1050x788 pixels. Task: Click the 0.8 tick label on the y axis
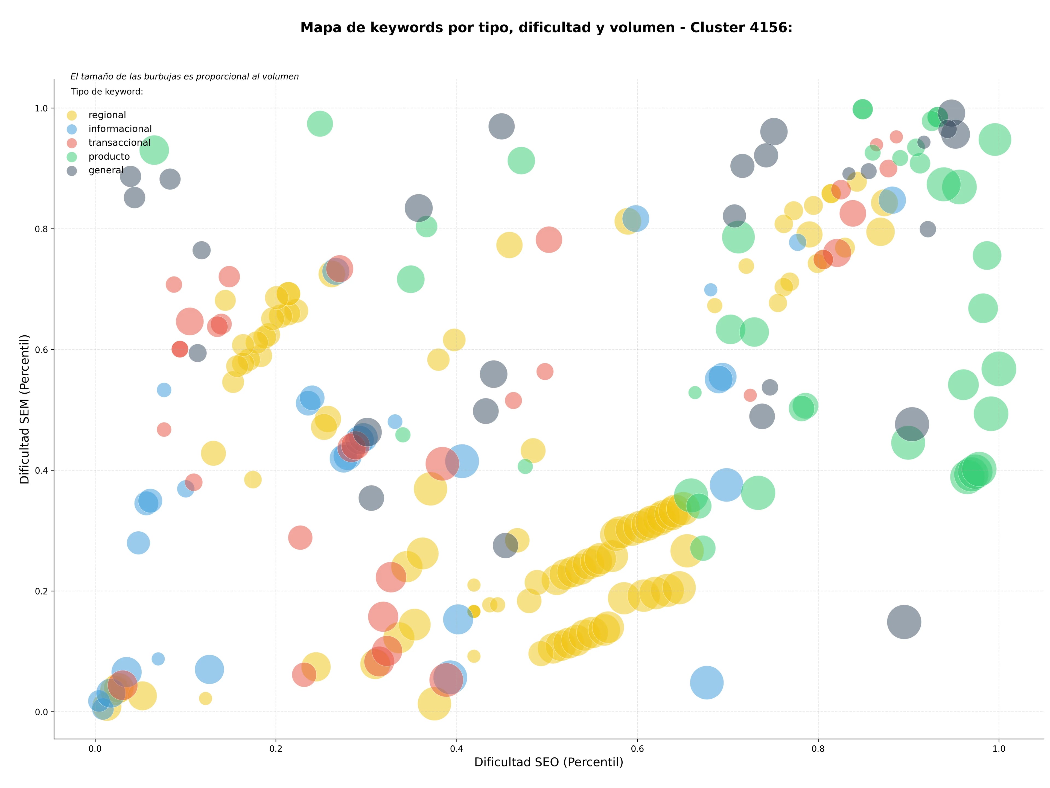[x=42, y=229]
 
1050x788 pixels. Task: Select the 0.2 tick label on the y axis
[x=42, y=591]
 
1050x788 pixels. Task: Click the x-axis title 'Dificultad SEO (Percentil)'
[x=549, y=762]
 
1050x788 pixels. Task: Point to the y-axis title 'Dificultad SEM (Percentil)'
[x=25, y=409]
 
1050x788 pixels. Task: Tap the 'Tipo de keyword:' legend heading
[x=107, y=92]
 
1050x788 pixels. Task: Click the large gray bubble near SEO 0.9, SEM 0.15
[x=904, y=622]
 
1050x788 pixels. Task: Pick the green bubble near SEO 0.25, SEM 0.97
[x=320, y=124]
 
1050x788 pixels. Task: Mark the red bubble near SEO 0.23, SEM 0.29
[x=300, y=538]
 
